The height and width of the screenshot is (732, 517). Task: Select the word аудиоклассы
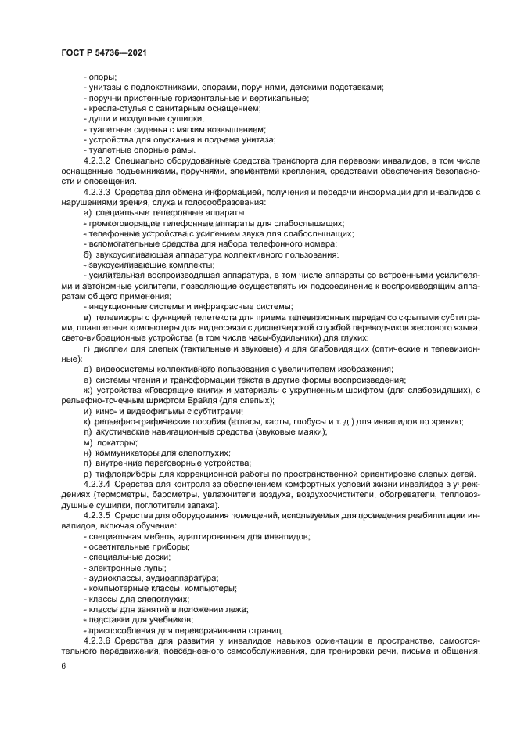(x=113, y=578)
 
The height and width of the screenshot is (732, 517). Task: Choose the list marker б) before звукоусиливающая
(x=86, y=254)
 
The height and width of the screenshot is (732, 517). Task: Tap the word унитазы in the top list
(x=103, y=88)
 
